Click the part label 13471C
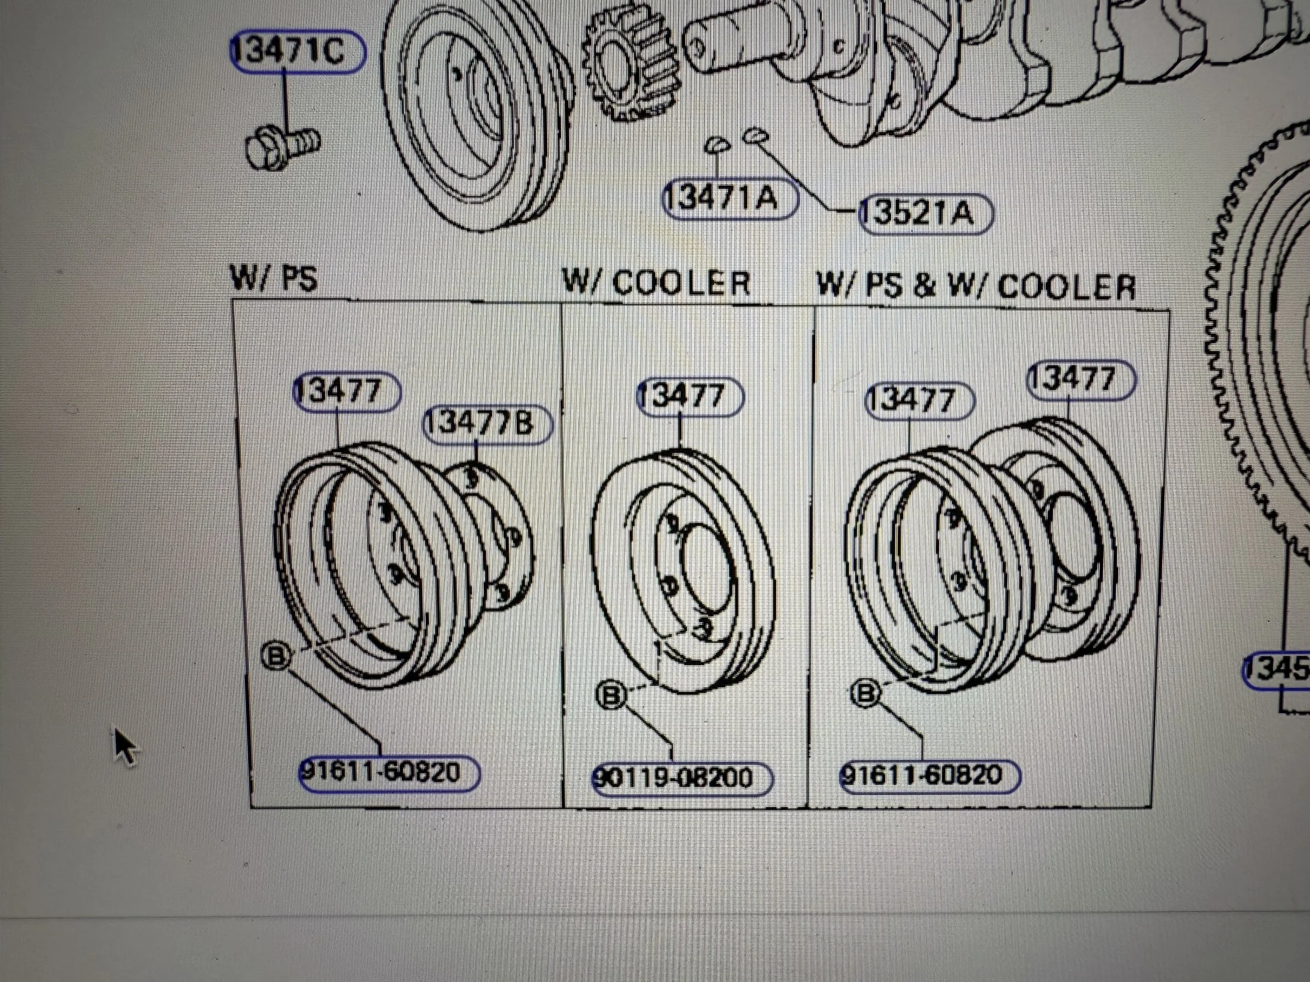(296, 51)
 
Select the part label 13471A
(729, 199)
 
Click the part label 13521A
(925, 213)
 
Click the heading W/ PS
(275, 278)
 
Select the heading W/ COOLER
(657, 283)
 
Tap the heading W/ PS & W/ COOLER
(977, 286)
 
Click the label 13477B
(486, 424)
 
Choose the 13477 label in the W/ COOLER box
(690, 397)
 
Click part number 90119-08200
(681, 778)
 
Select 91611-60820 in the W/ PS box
(389, 773)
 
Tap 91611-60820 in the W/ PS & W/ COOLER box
(930, 775)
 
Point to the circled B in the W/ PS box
(276, 656)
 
